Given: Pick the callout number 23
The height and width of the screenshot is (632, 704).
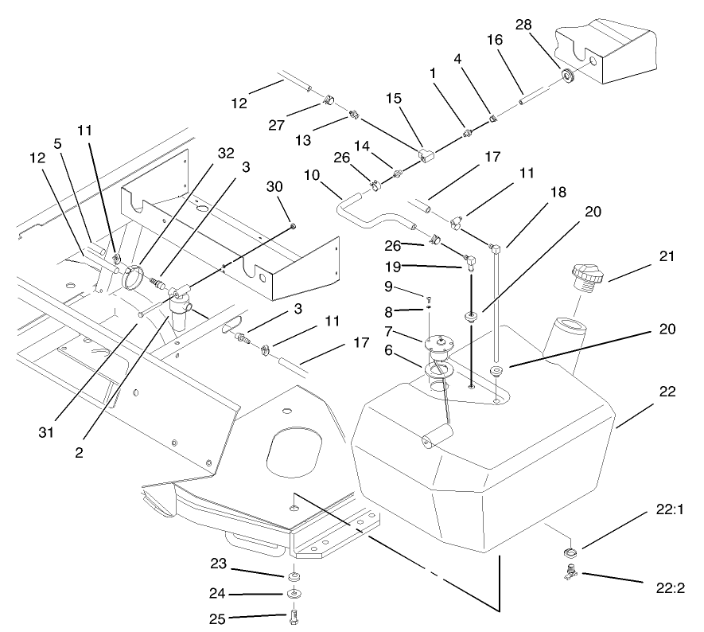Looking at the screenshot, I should [x=218, y=564].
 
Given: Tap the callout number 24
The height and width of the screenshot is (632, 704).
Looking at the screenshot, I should [x=218, y=594].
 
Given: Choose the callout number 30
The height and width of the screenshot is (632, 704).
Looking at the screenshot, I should [x=275, y=186].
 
